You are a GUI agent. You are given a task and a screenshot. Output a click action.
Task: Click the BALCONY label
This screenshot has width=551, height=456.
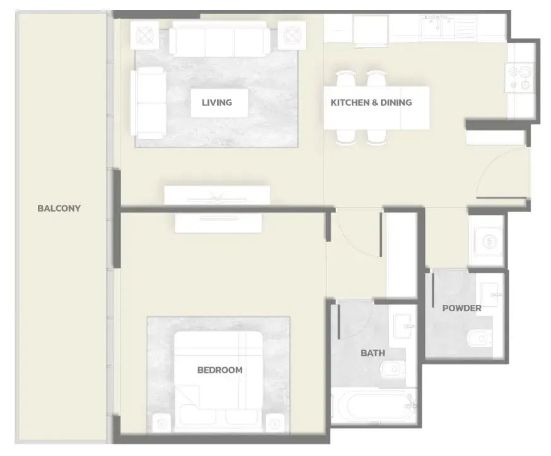click(x=59, y=208)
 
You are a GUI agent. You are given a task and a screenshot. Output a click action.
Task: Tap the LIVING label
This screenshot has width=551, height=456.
click(x=217, y=103)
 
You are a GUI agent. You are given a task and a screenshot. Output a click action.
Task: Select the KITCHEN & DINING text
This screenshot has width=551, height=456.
click(x=371, y=103)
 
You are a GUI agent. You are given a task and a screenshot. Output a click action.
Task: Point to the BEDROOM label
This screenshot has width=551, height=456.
click(x=220, y=370)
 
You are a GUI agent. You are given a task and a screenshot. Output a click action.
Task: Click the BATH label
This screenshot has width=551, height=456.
click(x=373, y=353)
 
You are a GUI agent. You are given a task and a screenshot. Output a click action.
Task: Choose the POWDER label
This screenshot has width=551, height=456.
click(x=461, y=308)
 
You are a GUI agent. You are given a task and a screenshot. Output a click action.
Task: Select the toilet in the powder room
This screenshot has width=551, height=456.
click(x=480, y=338)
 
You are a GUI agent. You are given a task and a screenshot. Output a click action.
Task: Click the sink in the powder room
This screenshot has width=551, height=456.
click(x=489, y=294)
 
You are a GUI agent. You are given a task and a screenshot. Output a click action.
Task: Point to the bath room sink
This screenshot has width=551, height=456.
click(x=402, y=326)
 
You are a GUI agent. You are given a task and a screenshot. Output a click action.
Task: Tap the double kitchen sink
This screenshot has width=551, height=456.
click(x=438, y=28)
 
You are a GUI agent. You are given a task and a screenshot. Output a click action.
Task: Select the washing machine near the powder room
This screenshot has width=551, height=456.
click(x=488, y=241)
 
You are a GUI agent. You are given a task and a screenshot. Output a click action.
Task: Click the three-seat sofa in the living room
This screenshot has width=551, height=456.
click(x=219, y=38)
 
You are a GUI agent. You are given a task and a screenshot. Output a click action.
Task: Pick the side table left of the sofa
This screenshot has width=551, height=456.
click(x=144, y=35)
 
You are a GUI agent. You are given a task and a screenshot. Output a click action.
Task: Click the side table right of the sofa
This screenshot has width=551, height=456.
click(x=292, y=35)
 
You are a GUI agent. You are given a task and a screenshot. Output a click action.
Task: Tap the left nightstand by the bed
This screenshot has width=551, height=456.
click(x=161, y=423)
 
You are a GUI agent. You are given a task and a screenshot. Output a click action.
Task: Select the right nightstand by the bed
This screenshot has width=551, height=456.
click(x=275, y=423)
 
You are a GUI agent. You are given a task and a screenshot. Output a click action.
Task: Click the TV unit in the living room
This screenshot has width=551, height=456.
click(x=217, y=195)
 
